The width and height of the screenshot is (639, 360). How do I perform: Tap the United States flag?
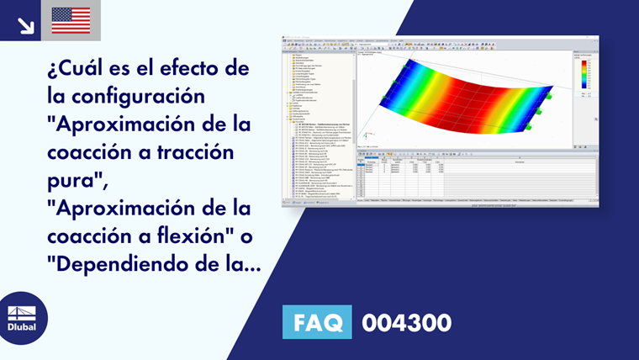pyautogui.click(x=71, y=20)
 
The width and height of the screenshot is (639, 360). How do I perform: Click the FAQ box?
pyautogui.click(x=317, y=322)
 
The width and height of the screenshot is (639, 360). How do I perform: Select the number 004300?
pyautogui.click(x=406, y=322)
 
